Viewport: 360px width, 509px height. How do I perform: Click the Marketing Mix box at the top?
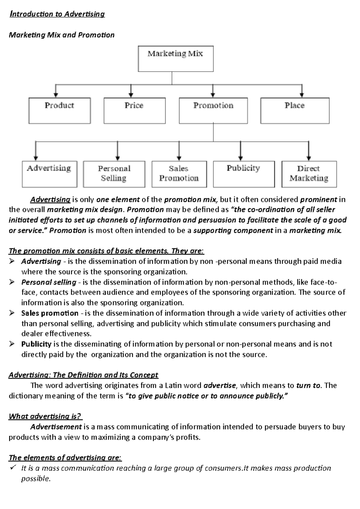tap(175, 59)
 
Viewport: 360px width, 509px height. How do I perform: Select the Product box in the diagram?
tap(60, 110)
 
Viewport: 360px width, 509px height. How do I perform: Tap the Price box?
tap(134, 110)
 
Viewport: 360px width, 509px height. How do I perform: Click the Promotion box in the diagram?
tap(213, 110)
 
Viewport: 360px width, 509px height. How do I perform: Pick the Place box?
tap(295, 110)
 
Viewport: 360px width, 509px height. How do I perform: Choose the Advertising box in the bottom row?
tap(49, 174)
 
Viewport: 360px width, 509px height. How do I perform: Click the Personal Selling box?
tap(114, 174)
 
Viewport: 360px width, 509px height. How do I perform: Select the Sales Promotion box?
tap(179, 174)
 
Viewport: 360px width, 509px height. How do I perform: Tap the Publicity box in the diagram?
tap(244, 174)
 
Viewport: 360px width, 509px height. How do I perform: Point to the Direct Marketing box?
tap(309, 174)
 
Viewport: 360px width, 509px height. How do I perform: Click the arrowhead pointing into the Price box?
tap(131, 95)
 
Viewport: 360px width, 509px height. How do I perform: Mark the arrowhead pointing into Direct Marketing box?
tap(309, 158)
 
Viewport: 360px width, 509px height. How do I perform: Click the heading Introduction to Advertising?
tap(57, 14)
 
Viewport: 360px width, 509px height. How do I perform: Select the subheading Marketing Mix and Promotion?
tap(61, 35)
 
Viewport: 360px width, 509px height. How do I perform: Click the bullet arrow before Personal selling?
tap(12, 282)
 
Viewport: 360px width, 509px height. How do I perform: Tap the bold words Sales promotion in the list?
tap(50, 313)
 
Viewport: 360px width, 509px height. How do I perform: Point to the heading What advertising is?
tap(45, 416)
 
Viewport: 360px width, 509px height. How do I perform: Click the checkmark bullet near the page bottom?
tap(13, 468)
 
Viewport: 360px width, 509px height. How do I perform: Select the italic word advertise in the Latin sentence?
tap(220, 385)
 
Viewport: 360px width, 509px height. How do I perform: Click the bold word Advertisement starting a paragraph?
tap(56, 427)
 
